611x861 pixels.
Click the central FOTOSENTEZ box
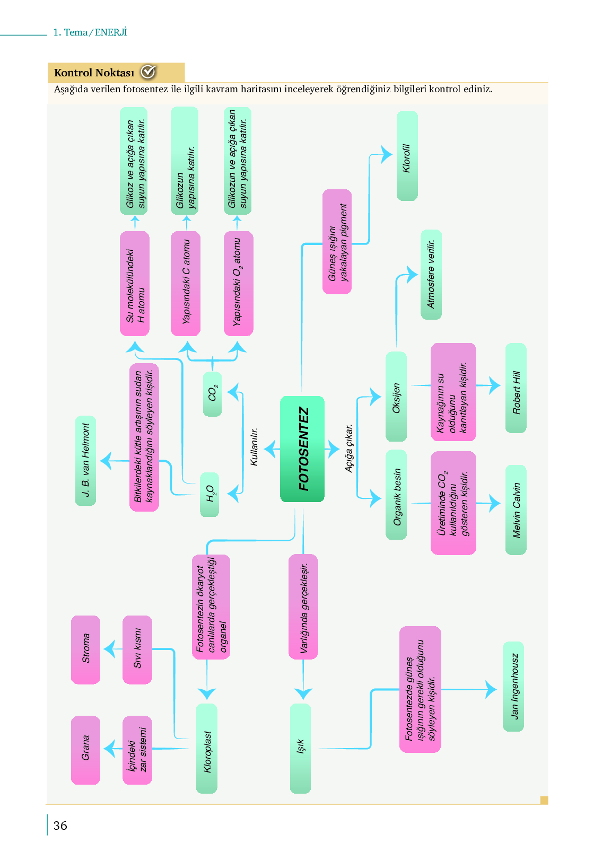[302, 449]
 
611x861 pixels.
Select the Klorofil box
[407, 156]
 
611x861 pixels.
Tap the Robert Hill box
[516, 388]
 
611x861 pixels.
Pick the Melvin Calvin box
[516, 509]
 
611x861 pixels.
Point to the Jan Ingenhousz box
[513, 687]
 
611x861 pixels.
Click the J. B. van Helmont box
[85, 461]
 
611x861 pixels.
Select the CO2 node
[212, 394]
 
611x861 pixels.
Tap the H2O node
[210, 494]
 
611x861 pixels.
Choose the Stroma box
[85, 649]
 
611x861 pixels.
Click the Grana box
[85, 750]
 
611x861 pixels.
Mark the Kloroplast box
[207, 749]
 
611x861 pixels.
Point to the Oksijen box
[396, 396]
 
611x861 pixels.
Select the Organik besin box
[396, 495]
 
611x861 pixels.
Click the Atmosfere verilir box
[431, 275]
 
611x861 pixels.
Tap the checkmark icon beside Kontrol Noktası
[148, 72]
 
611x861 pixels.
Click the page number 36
[60, 825]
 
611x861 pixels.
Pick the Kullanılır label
[254, 447]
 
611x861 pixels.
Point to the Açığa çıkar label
[348, 448]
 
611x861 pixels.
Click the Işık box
[300, 749]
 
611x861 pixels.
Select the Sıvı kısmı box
[137, 649]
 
